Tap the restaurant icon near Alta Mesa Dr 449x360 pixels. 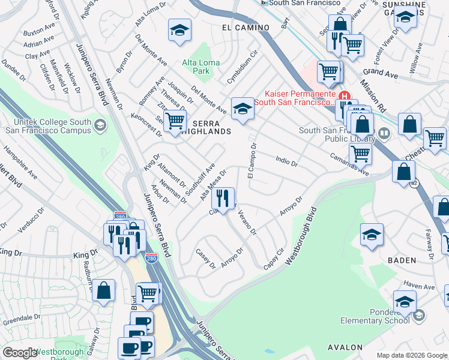(x=223, y=198)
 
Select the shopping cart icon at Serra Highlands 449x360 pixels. (x=175, y=120)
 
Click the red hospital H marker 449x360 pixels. (x=344, y=96)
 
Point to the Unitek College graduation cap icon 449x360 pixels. (x=100, y=125)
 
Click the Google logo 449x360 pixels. (x=20, y=353)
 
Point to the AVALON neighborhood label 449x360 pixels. (x=345, y=347)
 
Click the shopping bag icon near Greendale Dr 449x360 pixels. (x=103, y=292)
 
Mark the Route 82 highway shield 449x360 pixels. (x=414, y=184)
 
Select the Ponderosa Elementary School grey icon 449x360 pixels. (x=418, y=314)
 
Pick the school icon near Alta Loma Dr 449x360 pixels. (x=179, y=32)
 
